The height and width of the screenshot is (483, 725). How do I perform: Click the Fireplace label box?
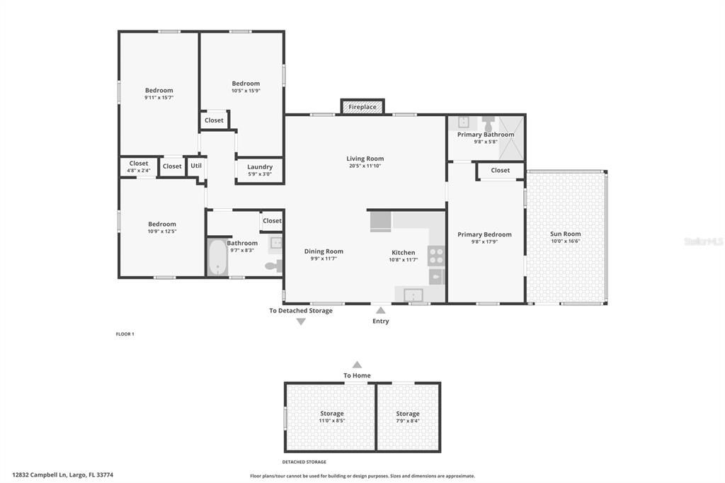362,107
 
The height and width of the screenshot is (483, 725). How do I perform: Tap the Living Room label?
365,159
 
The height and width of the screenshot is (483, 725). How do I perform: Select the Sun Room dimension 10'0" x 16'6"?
566,241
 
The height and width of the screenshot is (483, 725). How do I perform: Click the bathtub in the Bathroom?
217,257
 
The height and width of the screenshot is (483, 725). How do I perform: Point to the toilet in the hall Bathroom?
273,266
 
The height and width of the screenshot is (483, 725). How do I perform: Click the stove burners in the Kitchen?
436,256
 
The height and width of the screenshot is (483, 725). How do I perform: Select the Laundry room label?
260,167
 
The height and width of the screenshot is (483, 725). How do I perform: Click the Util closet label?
196,166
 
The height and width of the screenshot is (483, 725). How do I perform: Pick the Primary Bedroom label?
484,234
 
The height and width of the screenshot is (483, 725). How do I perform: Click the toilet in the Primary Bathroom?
489,124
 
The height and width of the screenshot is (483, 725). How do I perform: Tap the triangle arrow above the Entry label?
380,310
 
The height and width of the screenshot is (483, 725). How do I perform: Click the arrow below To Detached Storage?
301,322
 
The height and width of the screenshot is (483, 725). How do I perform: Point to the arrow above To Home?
357,365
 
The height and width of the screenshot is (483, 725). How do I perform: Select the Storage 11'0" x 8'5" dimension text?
332,421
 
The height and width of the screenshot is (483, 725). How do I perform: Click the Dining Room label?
324,251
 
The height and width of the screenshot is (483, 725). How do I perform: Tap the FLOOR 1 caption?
125,334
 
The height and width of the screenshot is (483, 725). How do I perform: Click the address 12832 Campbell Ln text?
40,475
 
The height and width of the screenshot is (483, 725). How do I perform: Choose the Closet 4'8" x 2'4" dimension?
139,171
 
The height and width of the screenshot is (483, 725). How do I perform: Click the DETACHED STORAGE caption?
304,462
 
